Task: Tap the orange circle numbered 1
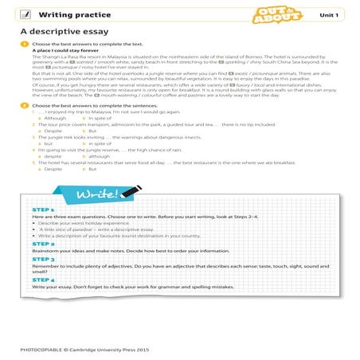pos(25,44)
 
